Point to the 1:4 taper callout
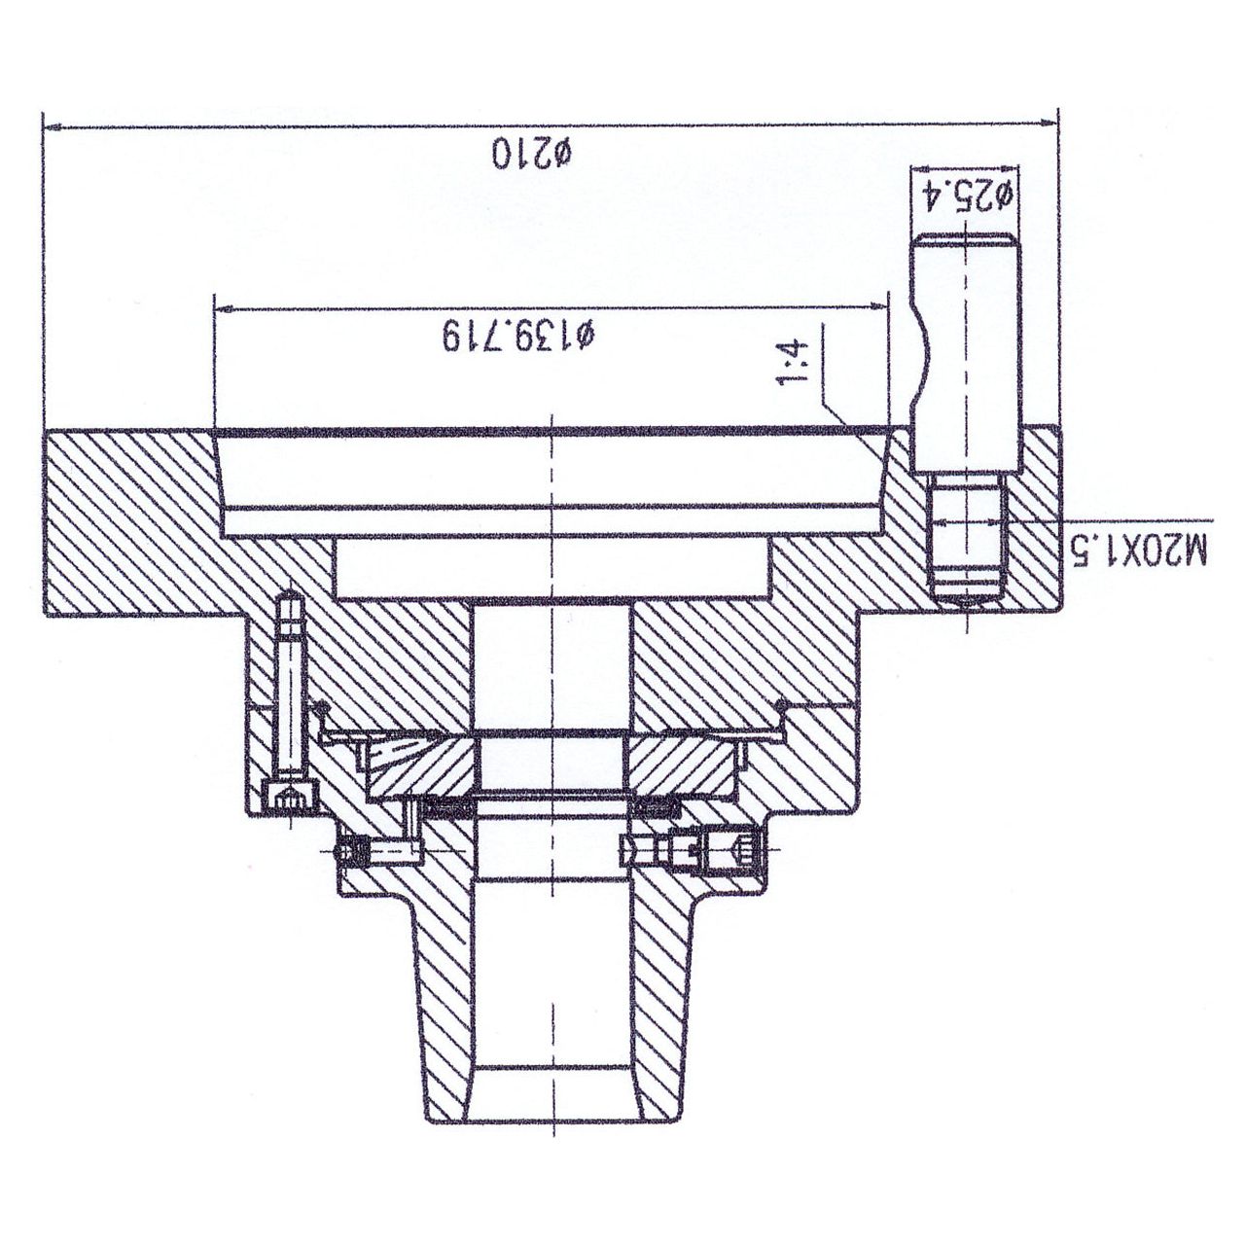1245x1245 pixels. pos(794,365)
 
